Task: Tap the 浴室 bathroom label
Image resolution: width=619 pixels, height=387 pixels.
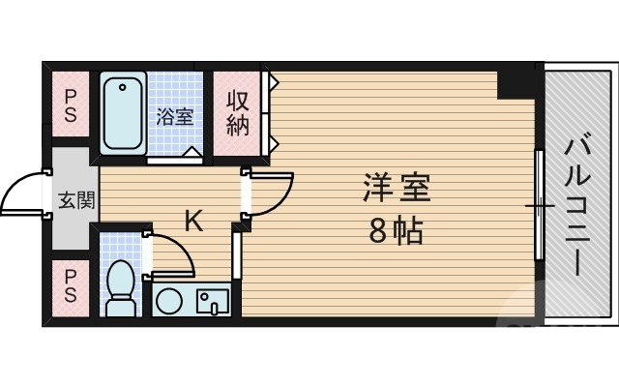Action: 175,117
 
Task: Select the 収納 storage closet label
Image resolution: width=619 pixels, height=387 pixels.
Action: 238,113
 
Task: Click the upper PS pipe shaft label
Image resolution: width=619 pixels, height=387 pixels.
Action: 72,105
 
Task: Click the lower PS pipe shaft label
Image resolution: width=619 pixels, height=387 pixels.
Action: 72,286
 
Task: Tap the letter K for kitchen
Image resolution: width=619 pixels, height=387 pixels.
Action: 194,222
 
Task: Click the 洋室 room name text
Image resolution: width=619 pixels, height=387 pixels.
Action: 397,188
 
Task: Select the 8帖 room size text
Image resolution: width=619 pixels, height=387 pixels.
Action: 395,231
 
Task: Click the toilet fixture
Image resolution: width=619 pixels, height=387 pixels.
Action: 121,289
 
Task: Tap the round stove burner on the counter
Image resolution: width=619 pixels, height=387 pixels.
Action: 166,301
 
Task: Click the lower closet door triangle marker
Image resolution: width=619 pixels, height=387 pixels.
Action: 275,145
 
